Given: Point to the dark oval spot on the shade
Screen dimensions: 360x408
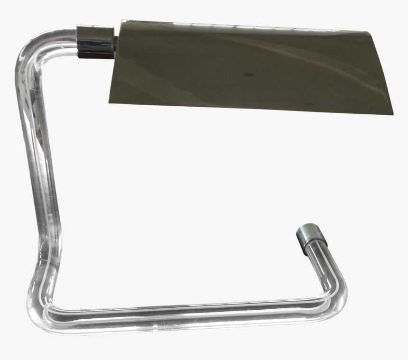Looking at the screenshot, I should tap(247, 74).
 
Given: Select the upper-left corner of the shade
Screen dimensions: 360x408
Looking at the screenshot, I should tap(121, 21).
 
